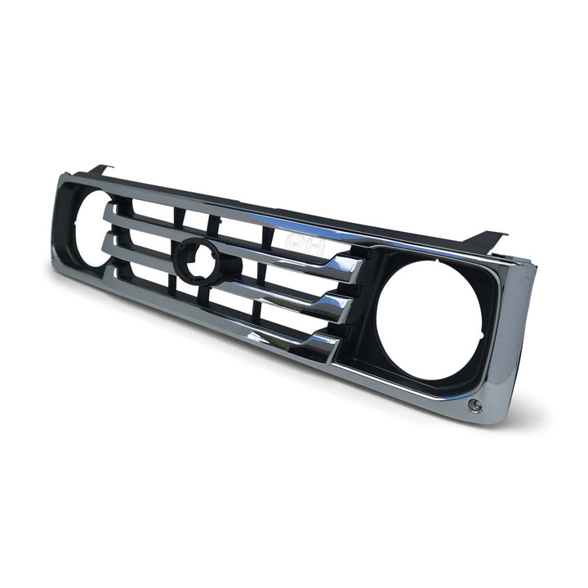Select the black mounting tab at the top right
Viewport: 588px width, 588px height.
(x=486, y=239)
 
